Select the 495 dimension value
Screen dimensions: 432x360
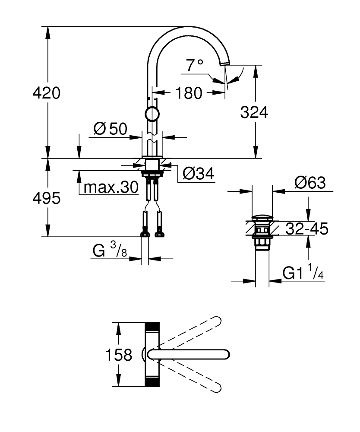click(47, 198)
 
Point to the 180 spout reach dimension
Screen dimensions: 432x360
click(189, 92)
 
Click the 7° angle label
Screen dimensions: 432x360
click(195, 65)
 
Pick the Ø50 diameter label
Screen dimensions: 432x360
click(110, 129)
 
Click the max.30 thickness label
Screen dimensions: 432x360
click(111, 187)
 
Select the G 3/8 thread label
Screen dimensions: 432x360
click(110, 250)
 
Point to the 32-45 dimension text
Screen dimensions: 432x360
click(307, 229)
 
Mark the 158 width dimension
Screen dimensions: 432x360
click(119, 355)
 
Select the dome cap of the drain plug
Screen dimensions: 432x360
click(262, 217)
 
